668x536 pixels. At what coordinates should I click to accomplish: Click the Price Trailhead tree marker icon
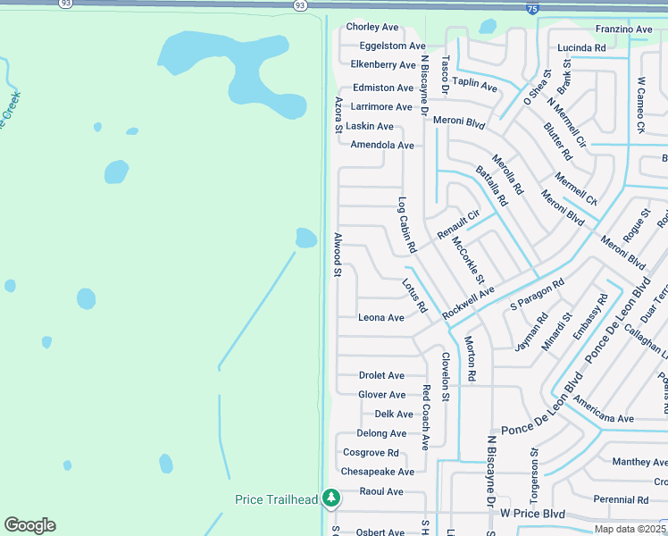[331, 497]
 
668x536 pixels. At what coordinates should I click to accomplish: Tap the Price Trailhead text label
[277, 499]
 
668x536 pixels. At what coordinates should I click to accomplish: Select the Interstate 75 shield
[532, 9]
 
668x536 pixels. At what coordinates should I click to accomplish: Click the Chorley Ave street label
[372, 28]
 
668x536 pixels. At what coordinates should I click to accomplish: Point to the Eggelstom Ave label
[393, 46]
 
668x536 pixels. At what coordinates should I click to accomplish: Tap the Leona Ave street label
[381, 318]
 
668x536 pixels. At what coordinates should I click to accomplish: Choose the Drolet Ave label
[381, 376]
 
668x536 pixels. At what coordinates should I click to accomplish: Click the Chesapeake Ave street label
[378, 472]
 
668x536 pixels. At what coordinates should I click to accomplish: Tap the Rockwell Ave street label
[469, 305]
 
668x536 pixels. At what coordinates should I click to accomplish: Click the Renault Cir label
[459, 224]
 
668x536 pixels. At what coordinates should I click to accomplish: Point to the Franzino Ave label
[623, 29]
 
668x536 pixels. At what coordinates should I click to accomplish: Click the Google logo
[29, 525]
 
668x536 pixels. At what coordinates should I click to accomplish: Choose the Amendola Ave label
[382, 145]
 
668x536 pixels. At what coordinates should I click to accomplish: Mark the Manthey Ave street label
[639, 462]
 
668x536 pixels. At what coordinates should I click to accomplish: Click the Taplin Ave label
[475, 85]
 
